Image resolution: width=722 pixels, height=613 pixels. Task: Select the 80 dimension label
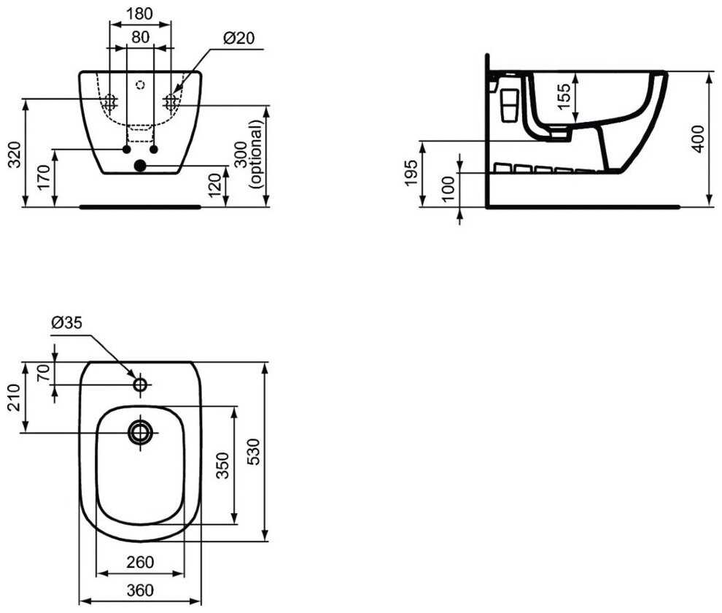click(x=140, y=36)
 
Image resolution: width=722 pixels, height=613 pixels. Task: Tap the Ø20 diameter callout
click(x=239, y=39)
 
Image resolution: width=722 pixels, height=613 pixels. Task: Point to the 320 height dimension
click(x=14, y=154)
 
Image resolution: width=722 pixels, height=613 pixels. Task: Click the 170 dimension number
click(x=43, y=177)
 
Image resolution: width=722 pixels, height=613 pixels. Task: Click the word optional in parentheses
click(x=256, y=154)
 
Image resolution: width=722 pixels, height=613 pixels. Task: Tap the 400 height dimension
click(x=698, y=139)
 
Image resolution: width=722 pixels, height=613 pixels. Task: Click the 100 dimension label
click(x=448, y=188)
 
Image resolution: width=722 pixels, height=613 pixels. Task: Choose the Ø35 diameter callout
click(x=66, y=323)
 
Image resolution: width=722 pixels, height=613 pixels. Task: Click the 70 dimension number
click(x=43, y=373)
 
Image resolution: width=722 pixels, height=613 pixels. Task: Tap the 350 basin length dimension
click(x=222, y=466)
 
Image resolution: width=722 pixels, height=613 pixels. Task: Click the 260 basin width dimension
click(x=140, y=562)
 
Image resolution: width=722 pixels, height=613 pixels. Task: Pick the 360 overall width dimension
click(x=140, y=590)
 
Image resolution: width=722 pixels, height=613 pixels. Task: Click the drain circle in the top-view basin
click(x=140, y=432)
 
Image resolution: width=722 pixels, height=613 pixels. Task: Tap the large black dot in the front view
click(x=141, y=166)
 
